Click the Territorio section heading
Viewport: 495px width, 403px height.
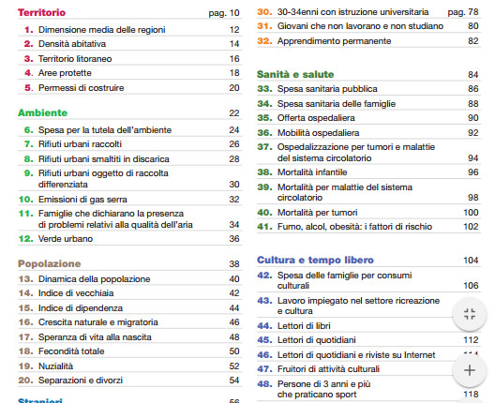43,13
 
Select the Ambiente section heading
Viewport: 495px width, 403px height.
42,112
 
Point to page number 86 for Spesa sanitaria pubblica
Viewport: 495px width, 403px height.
472,89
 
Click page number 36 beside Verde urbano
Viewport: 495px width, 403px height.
234,239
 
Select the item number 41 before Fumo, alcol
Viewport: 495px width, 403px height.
263,227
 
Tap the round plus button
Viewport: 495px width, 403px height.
470,370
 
